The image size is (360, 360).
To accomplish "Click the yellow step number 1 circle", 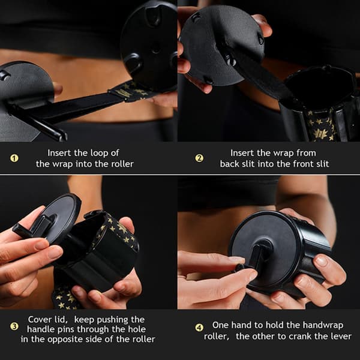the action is coord(14,158).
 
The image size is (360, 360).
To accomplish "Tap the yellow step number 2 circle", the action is coord(199,158).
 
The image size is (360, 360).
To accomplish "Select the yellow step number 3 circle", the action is coord(14,326).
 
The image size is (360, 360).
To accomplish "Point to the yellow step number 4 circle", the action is coord(199,328).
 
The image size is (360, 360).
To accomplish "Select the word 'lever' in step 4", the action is coord(340,337).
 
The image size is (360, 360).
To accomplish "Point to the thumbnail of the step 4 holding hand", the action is coord(322,262).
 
